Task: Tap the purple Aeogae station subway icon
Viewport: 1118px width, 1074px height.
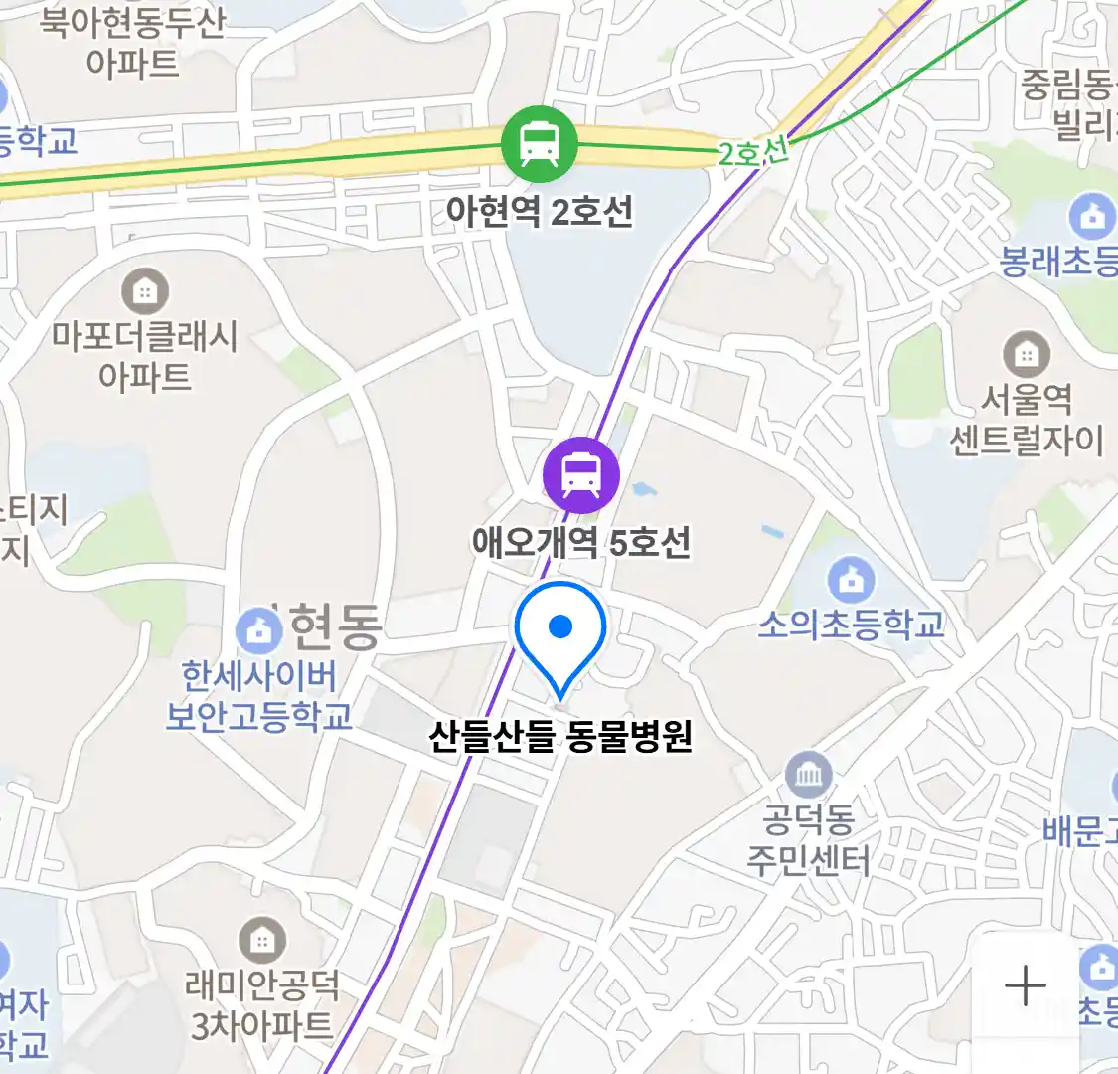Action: (x=581, y=475)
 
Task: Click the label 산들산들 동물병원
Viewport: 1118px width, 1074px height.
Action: (x=560, y=737)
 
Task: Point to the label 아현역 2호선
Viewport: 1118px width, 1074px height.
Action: (x=539, y=211)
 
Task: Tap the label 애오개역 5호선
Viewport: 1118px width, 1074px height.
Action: (x=581, y=542)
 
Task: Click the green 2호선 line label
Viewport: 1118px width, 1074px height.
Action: (x=753, y=152)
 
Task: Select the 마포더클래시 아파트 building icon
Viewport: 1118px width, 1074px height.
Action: (x=145, y=291)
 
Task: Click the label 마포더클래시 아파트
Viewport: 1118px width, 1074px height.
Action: (x=145, y=356)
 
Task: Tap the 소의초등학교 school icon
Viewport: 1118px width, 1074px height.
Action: (x=851, y=579)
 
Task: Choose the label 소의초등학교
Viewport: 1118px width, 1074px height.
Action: (x=851, y=625)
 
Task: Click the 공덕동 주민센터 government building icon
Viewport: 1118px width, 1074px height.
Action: (x=808, y=774)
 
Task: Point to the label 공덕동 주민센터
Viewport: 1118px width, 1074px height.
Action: (x=808, y=840)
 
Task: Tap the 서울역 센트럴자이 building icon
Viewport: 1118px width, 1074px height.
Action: (x=1027, y=353)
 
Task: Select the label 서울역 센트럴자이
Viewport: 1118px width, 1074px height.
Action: (x=1027, y=420)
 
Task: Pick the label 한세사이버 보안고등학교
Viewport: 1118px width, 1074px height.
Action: (x=258, y=696)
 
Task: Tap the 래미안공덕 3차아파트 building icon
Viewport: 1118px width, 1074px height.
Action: (x=261, y=940)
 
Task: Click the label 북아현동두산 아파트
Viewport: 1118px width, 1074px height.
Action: (x=132, y=42)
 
